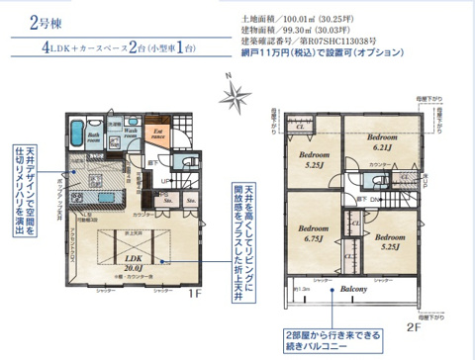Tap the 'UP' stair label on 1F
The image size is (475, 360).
pos(164,181)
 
